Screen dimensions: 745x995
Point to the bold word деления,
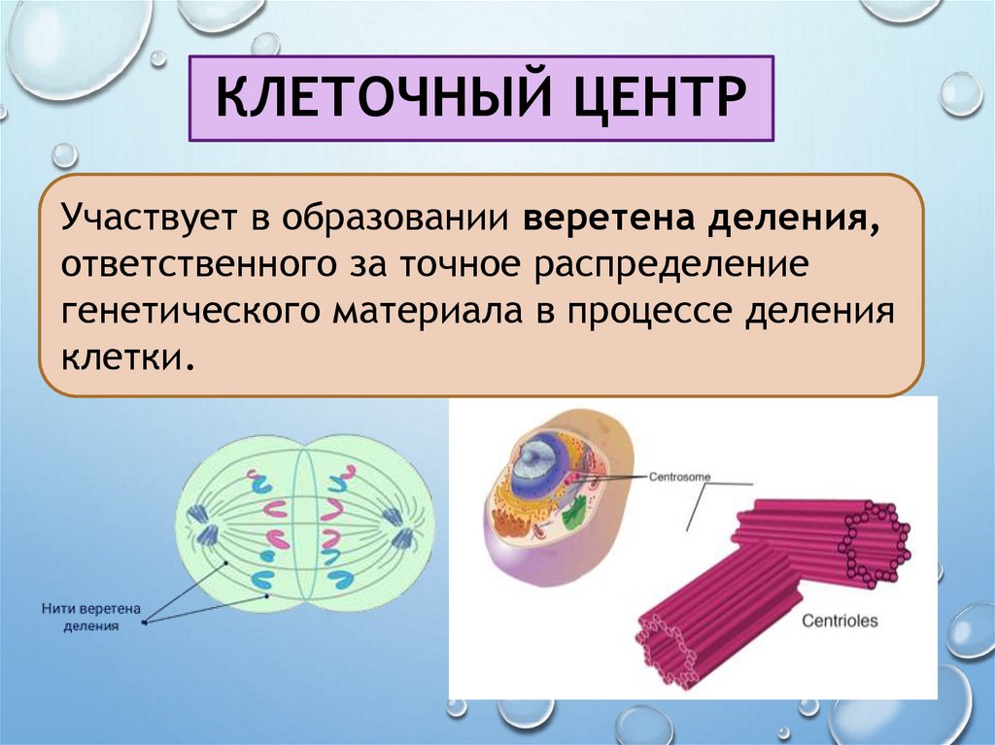795,218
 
